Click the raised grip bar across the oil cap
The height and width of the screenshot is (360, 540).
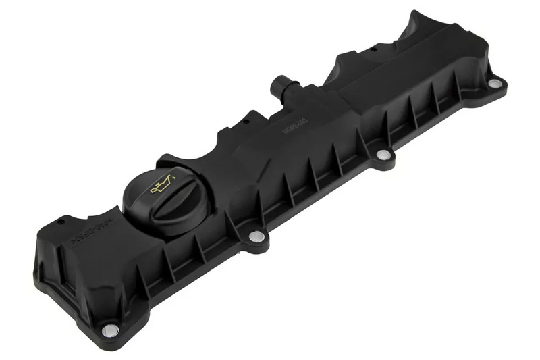pos(162,194)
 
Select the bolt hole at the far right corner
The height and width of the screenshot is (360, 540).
pos(495,84)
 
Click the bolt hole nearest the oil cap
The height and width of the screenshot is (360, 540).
pos(256,236)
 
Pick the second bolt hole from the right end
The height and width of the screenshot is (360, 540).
pos(383,155)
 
